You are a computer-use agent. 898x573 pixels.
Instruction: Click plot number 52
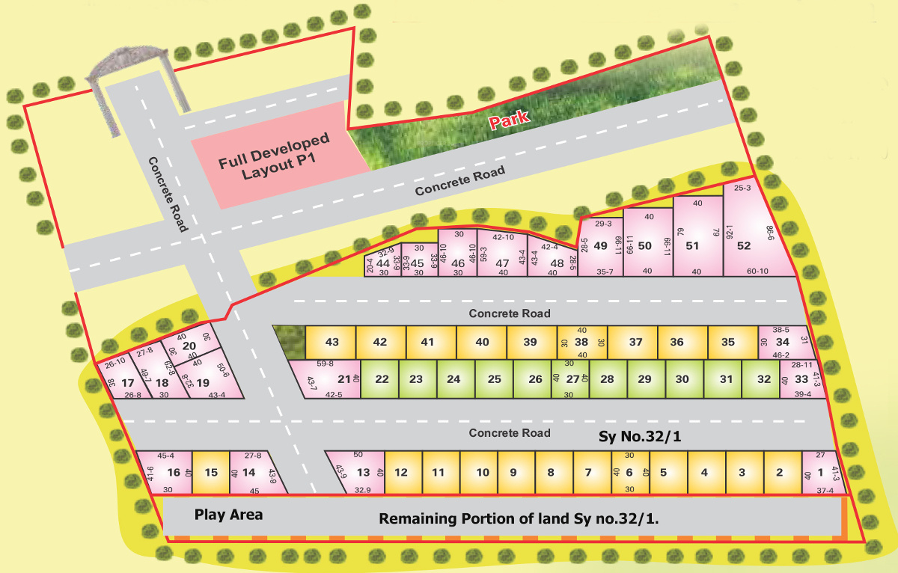pos(744,245)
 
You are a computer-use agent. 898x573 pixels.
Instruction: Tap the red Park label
pos(510,119)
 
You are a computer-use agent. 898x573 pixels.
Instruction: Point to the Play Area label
pos(228,515)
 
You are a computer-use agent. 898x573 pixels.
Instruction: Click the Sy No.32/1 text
pos(640,436)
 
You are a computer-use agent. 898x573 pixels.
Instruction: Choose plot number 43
pos(332,342)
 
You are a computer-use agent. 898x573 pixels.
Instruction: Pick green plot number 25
pos(494,379)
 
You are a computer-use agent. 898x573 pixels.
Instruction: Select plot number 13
pos(363,472)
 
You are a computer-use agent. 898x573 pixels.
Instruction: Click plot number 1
pos(820,472)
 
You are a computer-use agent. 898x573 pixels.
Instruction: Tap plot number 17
pos(127,382)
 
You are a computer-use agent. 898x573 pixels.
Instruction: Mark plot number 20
pos(189,345)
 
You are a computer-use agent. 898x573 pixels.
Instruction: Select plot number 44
pos(383,263)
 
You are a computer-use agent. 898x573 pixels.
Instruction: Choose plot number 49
pos(600,245)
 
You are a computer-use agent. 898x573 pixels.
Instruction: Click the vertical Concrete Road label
pos(167,194)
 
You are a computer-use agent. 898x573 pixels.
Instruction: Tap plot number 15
pos(211,472)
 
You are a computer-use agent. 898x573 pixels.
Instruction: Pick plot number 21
pos(344,379)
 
